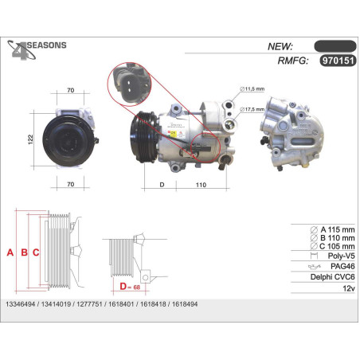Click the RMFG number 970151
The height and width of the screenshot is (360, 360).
point(338,61)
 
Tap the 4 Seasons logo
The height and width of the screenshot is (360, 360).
point(37,50)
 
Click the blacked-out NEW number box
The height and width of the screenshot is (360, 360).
point(335,46)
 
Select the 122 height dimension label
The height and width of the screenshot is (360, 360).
point(30,139)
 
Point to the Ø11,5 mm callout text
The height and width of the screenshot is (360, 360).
point(252,89)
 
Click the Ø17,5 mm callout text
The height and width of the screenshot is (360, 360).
point(252,109)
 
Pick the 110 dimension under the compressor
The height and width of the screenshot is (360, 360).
point(201,185)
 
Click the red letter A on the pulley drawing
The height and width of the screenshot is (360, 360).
point(10,252)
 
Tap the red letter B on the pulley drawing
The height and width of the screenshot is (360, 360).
point(24,252)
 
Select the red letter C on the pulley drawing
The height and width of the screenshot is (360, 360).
point(36,252)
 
